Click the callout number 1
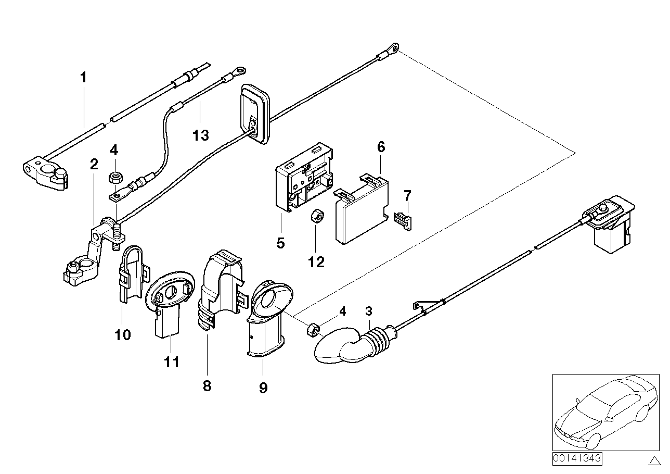pos(83,78)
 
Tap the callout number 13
pos(200,135)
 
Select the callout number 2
pos(94,165)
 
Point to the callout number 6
pos(381,147)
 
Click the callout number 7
pos(407,196)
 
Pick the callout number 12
pos(316,261)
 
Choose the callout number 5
pos(281,243)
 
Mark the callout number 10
pos(123,334)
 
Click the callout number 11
pos(172,361)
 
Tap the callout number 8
pos(207,386)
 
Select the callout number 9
pos(263,388)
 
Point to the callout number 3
pos(369,311)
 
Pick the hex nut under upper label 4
pos(114,178)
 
